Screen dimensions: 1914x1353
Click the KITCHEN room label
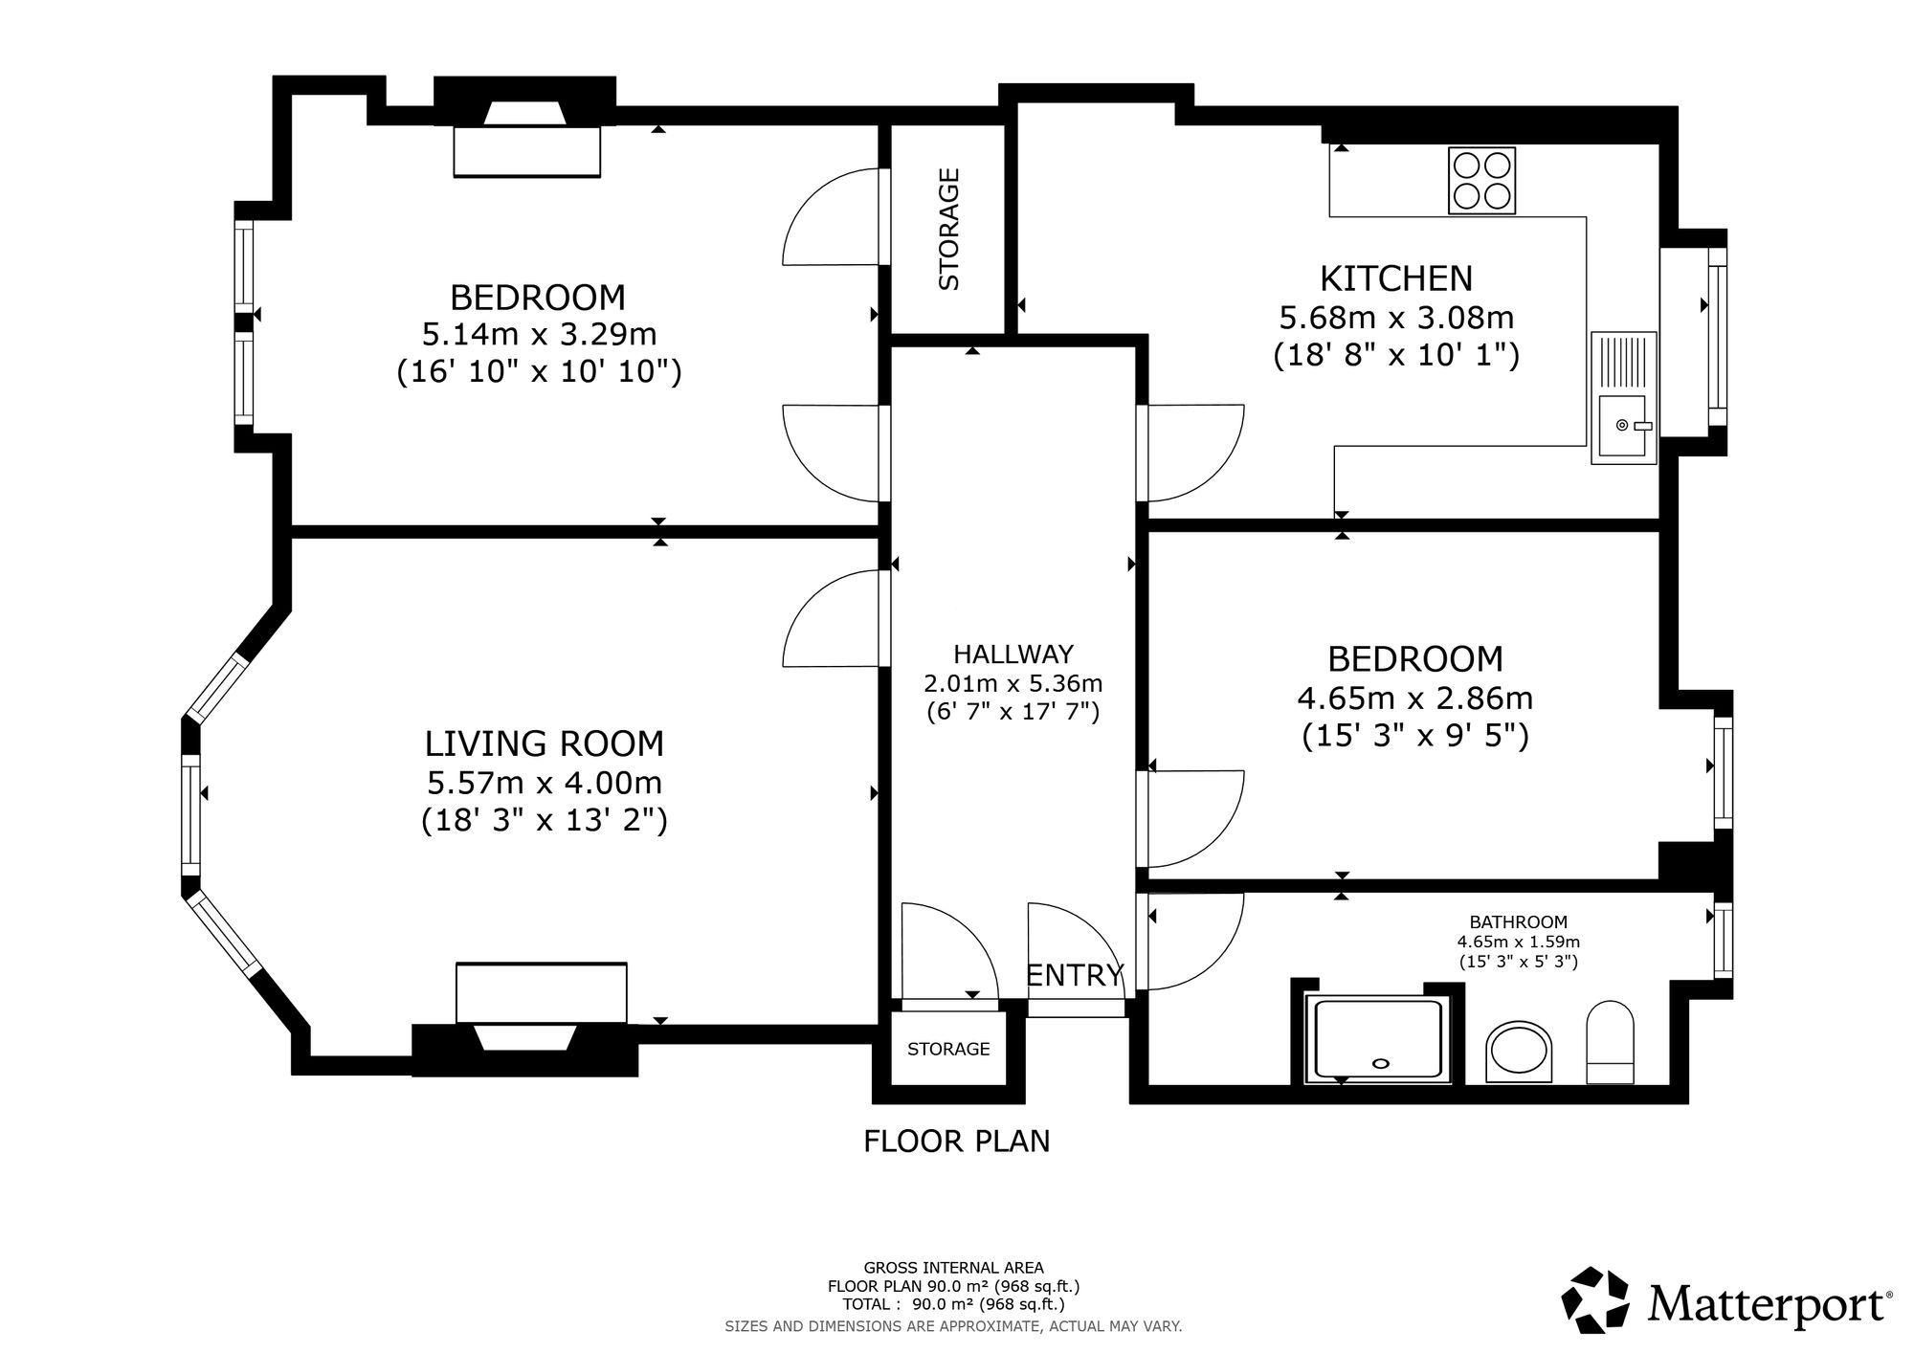pos(1396,278)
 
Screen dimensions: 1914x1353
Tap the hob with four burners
pos(1482,181)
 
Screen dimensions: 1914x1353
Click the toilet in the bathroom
pos(1611,1043)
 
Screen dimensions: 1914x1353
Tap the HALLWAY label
pos(1013,654)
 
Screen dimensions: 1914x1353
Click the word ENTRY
pos(1074,975)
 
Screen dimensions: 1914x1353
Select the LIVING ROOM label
pos(545,743)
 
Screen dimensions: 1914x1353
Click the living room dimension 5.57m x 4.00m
pos(545,783)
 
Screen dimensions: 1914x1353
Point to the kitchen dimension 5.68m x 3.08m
pos(1396,317)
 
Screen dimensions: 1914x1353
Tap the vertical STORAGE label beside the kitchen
pos(948,229)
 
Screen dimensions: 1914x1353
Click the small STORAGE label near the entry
pos(948,1049)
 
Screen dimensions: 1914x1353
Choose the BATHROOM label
pos(1519,922)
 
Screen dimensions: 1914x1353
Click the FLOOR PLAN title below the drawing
pos(957,1141)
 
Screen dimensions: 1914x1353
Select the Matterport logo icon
pos(1595,1300)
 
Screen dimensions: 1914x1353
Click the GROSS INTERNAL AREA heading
pos(954,1268)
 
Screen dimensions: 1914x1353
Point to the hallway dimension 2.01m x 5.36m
pos(1013,684)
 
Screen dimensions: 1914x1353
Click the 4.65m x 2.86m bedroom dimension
pos(1415,699)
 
